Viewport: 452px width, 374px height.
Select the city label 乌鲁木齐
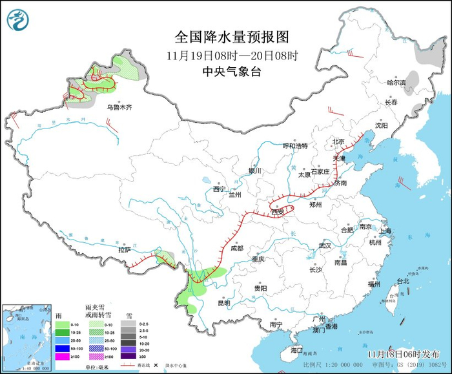(119, 107)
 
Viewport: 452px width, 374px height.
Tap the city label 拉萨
(125, 249)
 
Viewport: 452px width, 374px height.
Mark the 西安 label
(278, 212)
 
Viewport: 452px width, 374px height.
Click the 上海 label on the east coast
(386, 231)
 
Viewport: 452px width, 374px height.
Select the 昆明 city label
(223, 302)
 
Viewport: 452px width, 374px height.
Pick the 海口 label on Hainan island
(296, 349)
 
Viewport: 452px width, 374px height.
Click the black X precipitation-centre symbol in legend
(156, 366)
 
